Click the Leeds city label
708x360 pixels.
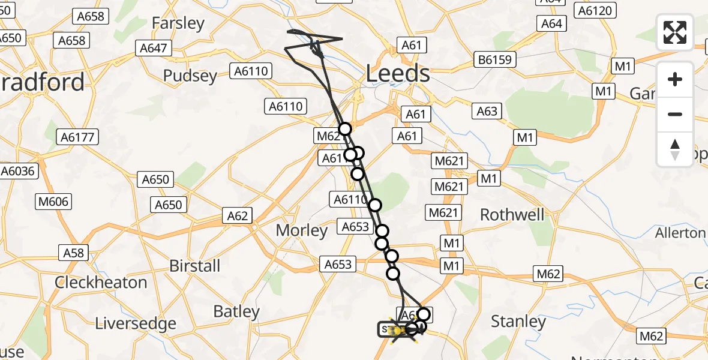[398, 74]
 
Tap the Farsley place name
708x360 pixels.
[178, 23]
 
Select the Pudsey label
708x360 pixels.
[190, 76]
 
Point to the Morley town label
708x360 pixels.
[301, 230]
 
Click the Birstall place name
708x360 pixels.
[195, 266]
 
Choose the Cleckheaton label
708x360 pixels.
[101, 282]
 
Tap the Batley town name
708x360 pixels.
[237, 311]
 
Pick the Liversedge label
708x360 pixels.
[136, 323]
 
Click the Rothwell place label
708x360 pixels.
[512, 215]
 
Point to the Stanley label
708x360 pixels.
[518, 322]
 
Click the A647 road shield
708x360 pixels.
[155, 48]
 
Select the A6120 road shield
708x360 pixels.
[594, 10]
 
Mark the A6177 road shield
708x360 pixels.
[77, 137]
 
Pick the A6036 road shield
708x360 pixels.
[20, 171]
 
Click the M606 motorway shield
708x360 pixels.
[53, 201]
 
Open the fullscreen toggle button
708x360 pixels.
[675, 32]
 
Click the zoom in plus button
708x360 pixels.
[675, 79]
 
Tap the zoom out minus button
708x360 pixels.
[675, 114]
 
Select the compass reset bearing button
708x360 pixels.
[675, 149]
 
